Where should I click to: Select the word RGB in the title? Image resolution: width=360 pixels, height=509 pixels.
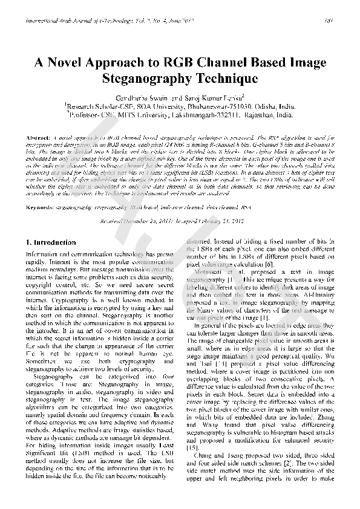click(x=169, y=63)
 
